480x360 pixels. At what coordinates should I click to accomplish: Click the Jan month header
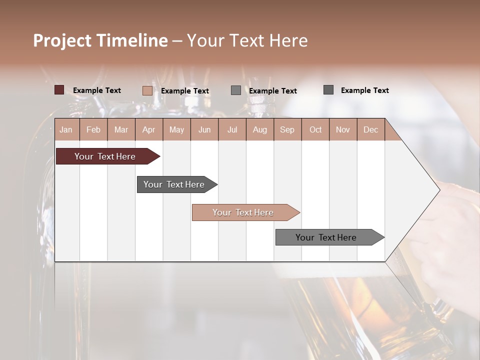(66, 129)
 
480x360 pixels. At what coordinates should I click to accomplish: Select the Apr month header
(149, 129)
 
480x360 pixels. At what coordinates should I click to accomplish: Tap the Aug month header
(260, 129)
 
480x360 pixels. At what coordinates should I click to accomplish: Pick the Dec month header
(370, 129)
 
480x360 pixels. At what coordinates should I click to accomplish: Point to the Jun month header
(204, 129)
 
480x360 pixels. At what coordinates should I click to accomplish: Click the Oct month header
(315, 129)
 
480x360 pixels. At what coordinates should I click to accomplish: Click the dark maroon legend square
(59, 90)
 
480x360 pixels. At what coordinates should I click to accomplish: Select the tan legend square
(147, 90)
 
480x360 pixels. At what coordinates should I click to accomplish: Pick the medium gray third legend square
(236, 90)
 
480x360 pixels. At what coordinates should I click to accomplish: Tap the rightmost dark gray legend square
(328, 90)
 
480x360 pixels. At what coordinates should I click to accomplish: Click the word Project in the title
(62, 40)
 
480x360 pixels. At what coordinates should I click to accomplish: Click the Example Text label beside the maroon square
(97, 90)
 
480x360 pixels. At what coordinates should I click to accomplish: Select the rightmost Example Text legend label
(364, 90)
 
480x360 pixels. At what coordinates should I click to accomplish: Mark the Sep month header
(287, 129)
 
